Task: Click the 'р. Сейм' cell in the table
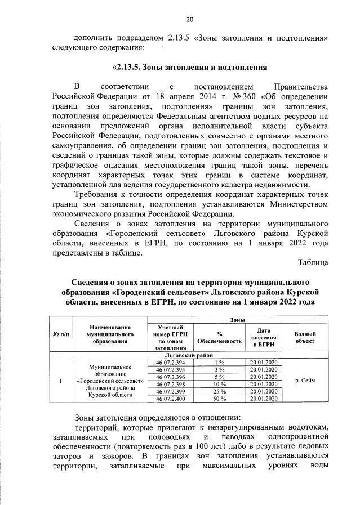tap(305, 381)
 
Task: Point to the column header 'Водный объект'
tap(305, 337)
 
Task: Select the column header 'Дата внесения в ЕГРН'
tap(264, 337)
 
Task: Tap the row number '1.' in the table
tap(60, 381)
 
